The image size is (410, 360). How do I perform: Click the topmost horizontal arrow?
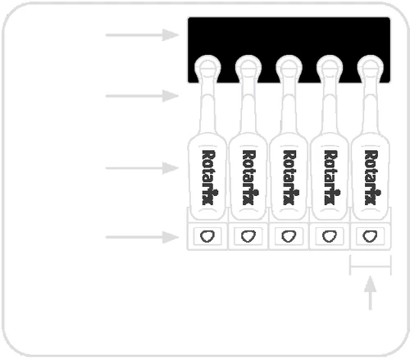[x=142, y=35]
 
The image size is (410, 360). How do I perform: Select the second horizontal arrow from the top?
[x=142, y=96]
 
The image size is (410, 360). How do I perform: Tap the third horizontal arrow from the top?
[x=142, y=168]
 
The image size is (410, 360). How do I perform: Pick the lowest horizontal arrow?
[x=142, y=237]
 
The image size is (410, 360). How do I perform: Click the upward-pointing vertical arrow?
[x=371, y=293]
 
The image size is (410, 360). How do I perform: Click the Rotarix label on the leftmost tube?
[x=207, y=177]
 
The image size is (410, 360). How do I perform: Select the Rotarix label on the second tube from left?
[x=248, y=177]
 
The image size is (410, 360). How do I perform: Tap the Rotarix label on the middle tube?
[x=289, y=177]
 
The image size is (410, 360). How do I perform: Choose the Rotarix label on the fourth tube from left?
[x=330, y=177]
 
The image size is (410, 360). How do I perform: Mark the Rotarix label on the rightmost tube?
[x=371, y=177]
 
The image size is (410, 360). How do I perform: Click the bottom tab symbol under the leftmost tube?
[x=207, y=236]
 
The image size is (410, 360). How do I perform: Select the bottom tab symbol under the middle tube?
[x=289, y=236]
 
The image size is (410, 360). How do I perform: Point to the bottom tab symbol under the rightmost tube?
[x=370, y=236]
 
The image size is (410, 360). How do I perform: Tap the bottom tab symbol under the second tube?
[x=248, y=236]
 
